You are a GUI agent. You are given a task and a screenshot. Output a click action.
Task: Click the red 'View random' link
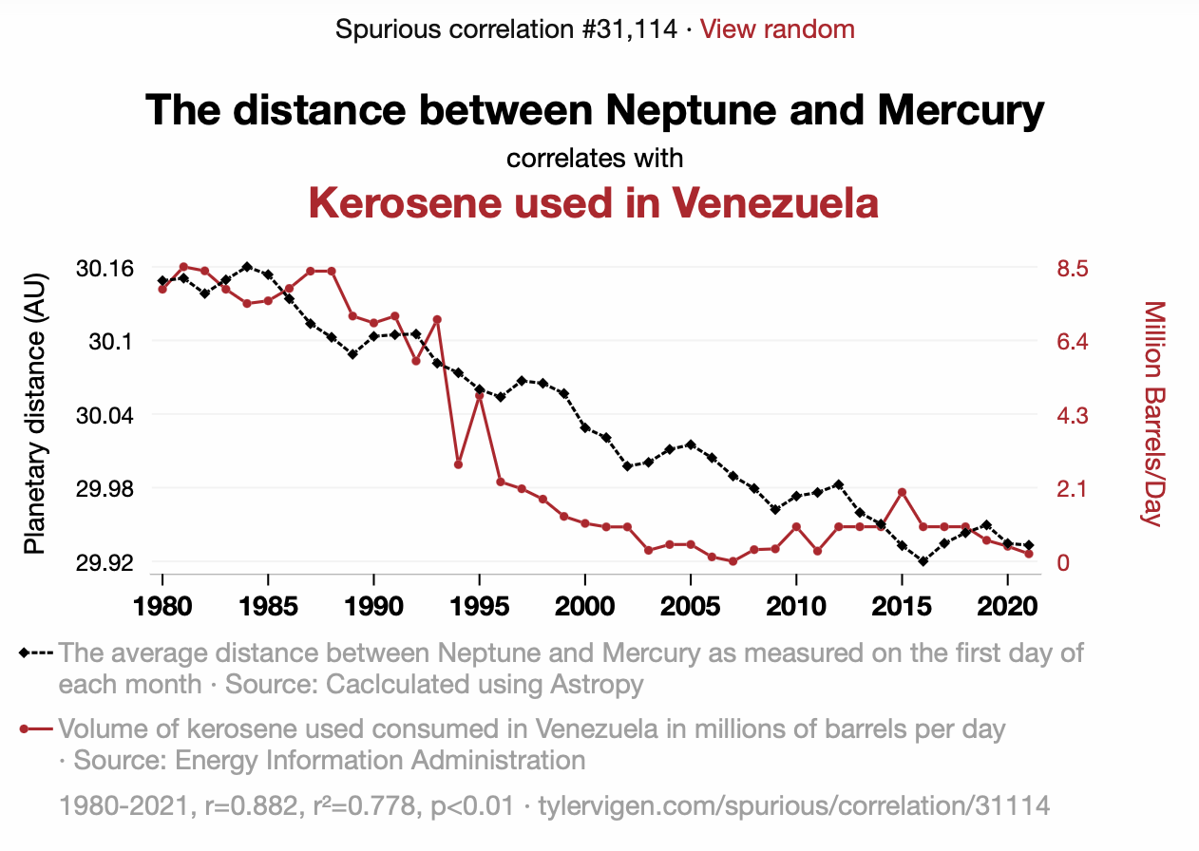777,29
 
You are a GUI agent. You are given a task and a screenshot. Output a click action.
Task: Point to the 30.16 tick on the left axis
105,268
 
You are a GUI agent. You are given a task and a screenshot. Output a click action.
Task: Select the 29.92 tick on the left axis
105,562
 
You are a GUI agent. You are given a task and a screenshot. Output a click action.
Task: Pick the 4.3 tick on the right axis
1072,415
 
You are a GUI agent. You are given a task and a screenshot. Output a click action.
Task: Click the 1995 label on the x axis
480,606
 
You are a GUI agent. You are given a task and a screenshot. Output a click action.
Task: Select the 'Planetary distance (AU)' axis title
35,414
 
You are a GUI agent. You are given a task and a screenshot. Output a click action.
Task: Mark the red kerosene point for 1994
458,464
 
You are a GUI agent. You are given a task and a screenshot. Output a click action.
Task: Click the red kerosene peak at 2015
902,492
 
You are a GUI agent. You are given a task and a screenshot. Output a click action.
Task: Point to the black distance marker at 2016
923,561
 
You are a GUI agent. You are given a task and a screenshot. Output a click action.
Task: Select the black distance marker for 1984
247,267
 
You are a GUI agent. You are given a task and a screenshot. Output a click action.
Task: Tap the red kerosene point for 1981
183,267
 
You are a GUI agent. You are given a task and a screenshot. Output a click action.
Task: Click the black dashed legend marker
35,653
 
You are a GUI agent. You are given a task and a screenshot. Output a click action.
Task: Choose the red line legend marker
35,729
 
